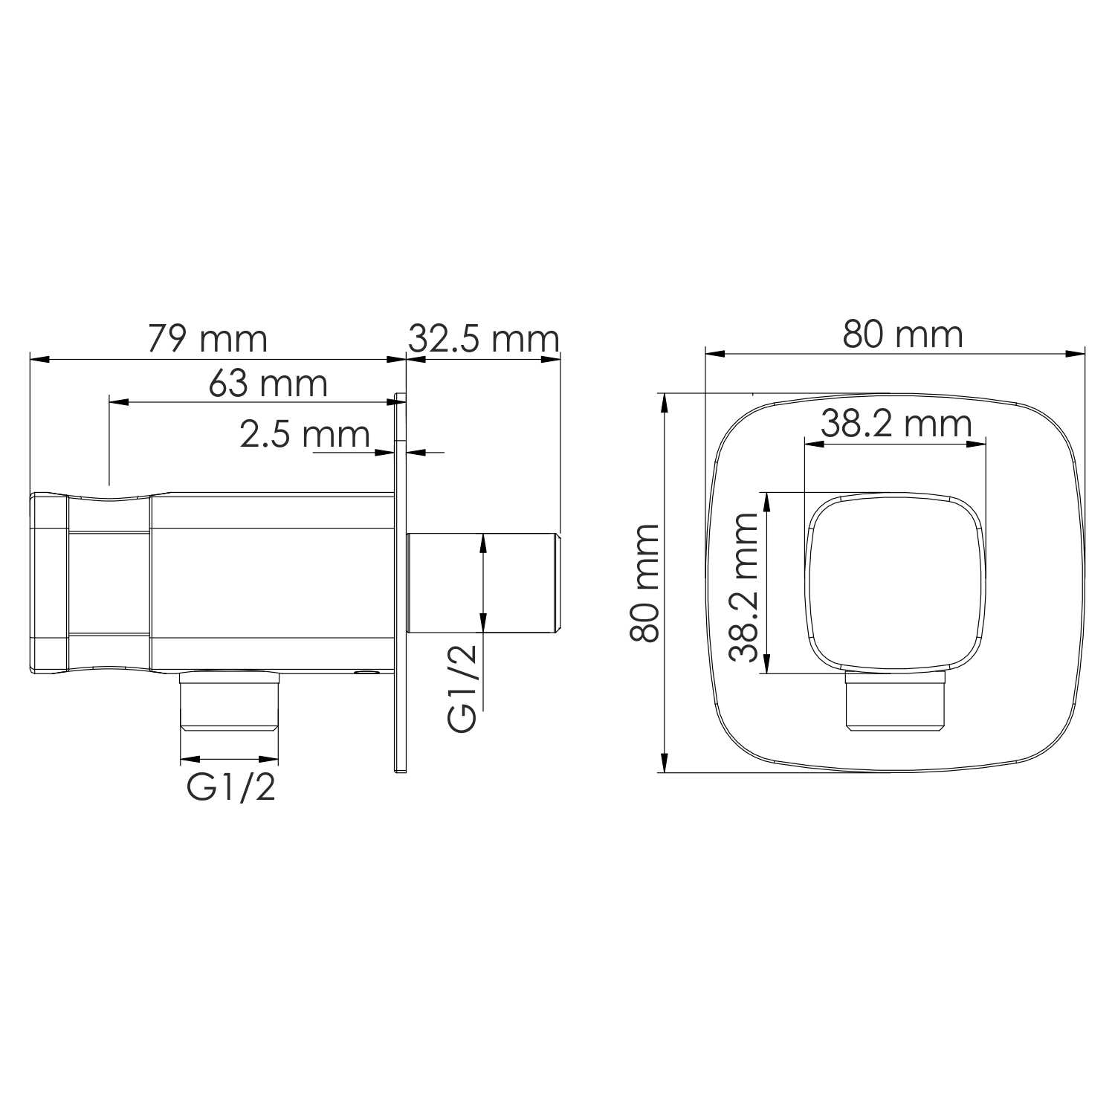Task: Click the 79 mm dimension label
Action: point(207,339)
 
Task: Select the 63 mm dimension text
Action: point(268,384)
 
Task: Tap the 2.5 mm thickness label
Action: point(305,434)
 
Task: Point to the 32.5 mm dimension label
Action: point(483,339)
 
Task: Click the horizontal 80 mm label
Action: point(902,334)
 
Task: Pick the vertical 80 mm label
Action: point(644,583)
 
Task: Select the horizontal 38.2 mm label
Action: point(896,424)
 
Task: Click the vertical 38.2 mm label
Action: point(744,586)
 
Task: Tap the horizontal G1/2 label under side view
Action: point(231,787)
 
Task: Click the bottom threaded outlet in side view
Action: point(230,700)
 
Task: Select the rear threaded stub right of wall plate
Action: point(483,583)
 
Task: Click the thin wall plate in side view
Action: point(400,583)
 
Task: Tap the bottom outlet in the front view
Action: point(896,702)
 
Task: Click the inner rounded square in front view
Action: point(896,583)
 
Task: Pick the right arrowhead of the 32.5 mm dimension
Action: point(551,359)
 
